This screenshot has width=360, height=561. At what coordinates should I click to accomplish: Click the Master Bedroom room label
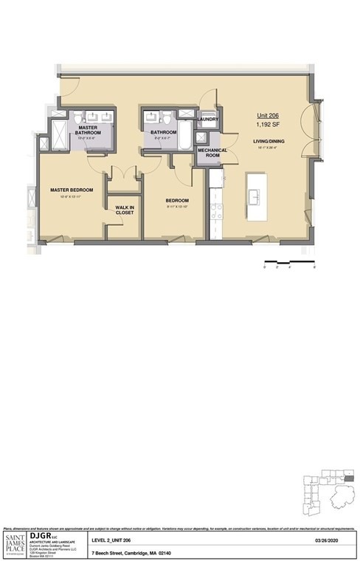coord(70,190)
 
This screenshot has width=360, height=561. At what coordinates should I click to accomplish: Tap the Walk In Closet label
coord(125,210)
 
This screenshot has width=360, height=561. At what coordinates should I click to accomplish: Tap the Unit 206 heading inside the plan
coord(268,116)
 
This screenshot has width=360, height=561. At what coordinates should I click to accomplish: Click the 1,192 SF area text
coord(268,124)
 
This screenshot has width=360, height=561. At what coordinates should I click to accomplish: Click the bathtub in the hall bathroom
coord(184,134)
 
